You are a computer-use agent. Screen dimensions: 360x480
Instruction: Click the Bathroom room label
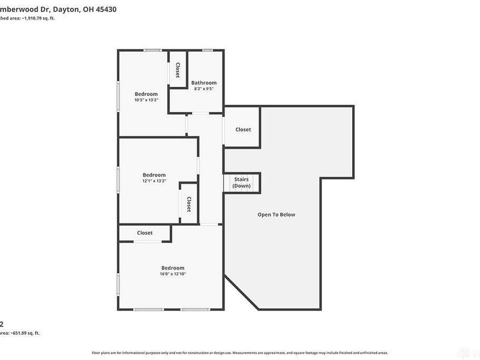(203, 82)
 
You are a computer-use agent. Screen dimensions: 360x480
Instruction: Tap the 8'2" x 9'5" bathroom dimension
(203, 89)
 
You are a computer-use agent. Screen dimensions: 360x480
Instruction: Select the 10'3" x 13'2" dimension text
(146, 100)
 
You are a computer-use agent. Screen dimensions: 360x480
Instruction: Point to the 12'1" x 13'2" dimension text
(154, 181)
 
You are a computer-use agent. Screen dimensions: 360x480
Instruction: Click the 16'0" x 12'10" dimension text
(172, 274)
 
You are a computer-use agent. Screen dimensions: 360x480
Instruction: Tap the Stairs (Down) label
(242, 182)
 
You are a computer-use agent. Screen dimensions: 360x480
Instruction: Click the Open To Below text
(276, 214)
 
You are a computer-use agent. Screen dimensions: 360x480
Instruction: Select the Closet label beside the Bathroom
(178, 70)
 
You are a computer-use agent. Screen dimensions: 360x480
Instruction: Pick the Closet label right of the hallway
(243, 130)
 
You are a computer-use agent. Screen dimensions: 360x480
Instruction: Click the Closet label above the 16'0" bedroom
(145, 233)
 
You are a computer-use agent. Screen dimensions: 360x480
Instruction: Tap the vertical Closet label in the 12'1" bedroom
(188, 203)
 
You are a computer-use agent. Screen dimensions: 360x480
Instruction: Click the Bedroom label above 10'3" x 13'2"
(146, 94)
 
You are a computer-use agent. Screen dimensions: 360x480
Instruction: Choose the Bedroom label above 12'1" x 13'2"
(154, 175)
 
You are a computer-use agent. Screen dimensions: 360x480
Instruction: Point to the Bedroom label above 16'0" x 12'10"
(172, 268)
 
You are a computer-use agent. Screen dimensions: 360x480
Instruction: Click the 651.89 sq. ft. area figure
(28, 333)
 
